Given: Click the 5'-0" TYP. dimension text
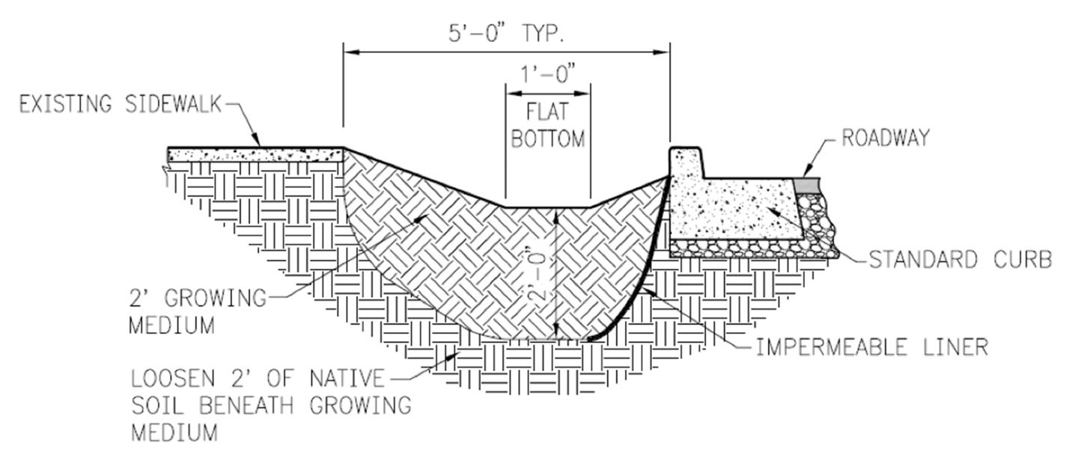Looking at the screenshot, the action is tap(505, 32).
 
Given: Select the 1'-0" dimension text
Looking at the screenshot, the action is tap(548, 73).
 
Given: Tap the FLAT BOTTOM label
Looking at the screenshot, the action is tap(547, 125).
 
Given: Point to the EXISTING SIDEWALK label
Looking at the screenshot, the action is tap(121, 104).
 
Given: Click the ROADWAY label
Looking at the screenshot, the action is tap(885, 138).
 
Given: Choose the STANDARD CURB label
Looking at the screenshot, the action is tap(960, 260).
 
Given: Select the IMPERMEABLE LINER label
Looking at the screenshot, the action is tap(871, 347).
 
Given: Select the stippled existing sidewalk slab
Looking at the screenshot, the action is tap(255, 155).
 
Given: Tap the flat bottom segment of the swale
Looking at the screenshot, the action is tap(547, 207).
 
